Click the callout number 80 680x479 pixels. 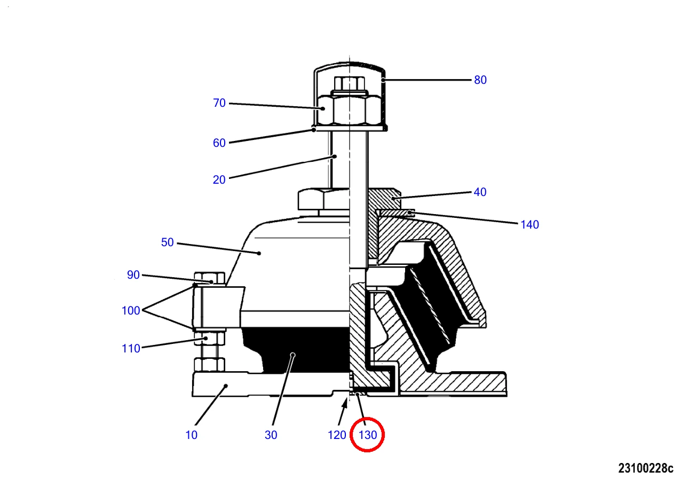(480, 80)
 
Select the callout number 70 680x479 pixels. (219, 103)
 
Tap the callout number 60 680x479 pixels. (219, 143)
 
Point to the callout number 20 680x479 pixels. (219, 180)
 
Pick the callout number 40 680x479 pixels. (480, 192)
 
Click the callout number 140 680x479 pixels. (529, 225)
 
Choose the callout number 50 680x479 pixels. (167, 242)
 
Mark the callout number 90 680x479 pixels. (133, 275)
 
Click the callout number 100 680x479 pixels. (131, 310)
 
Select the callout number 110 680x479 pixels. (131, 348)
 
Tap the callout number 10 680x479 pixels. (191, 435)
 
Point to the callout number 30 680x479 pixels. (271, 435)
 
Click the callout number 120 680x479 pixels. (337, 435)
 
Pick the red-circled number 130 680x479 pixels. (368, 435)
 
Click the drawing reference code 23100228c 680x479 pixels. (646, 468)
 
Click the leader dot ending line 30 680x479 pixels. (292, 355)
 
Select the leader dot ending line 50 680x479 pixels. (259, 253)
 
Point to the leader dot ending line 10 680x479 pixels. (226, 386)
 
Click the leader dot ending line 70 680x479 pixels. (323, 108)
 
